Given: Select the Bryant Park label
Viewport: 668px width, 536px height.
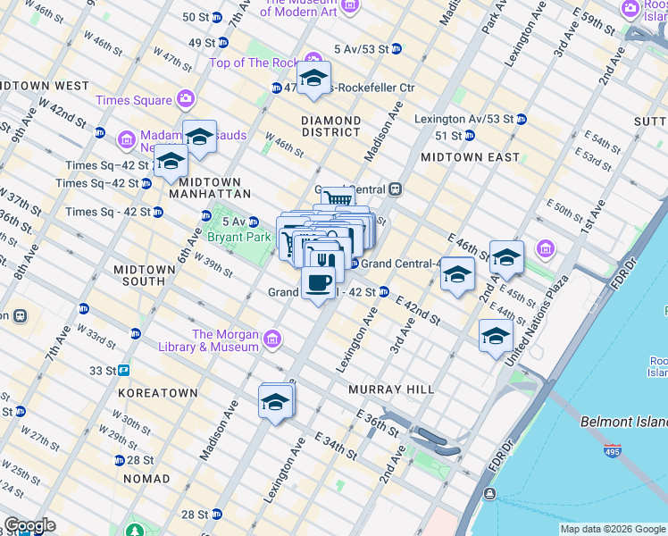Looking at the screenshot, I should [238, 238].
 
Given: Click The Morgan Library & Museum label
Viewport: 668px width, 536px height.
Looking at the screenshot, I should [209, 340].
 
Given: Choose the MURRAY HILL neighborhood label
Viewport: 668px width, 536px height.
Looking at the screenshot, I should [392, 389].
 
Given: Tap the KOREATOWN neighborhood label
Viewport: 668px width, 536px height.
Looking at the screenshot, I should [157, 392].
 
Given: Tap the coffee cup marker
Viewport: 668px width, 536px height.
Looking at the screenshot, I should [319, 284].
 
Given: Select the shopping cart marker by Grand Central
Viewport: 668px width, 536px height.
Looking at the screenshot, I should [336, 199].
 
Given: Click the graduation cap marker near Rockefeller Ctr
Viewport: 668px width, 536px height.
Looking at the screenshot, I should [313, 80].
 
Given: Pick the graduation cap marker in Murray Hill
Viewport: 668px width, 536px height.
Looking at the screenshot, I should [276, 403].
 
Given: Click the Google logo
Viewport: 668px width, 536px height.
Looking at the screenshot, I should [30, 525].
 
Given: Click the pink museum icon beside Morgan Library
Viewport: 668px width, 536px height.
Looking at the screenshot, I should [271, 339].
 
